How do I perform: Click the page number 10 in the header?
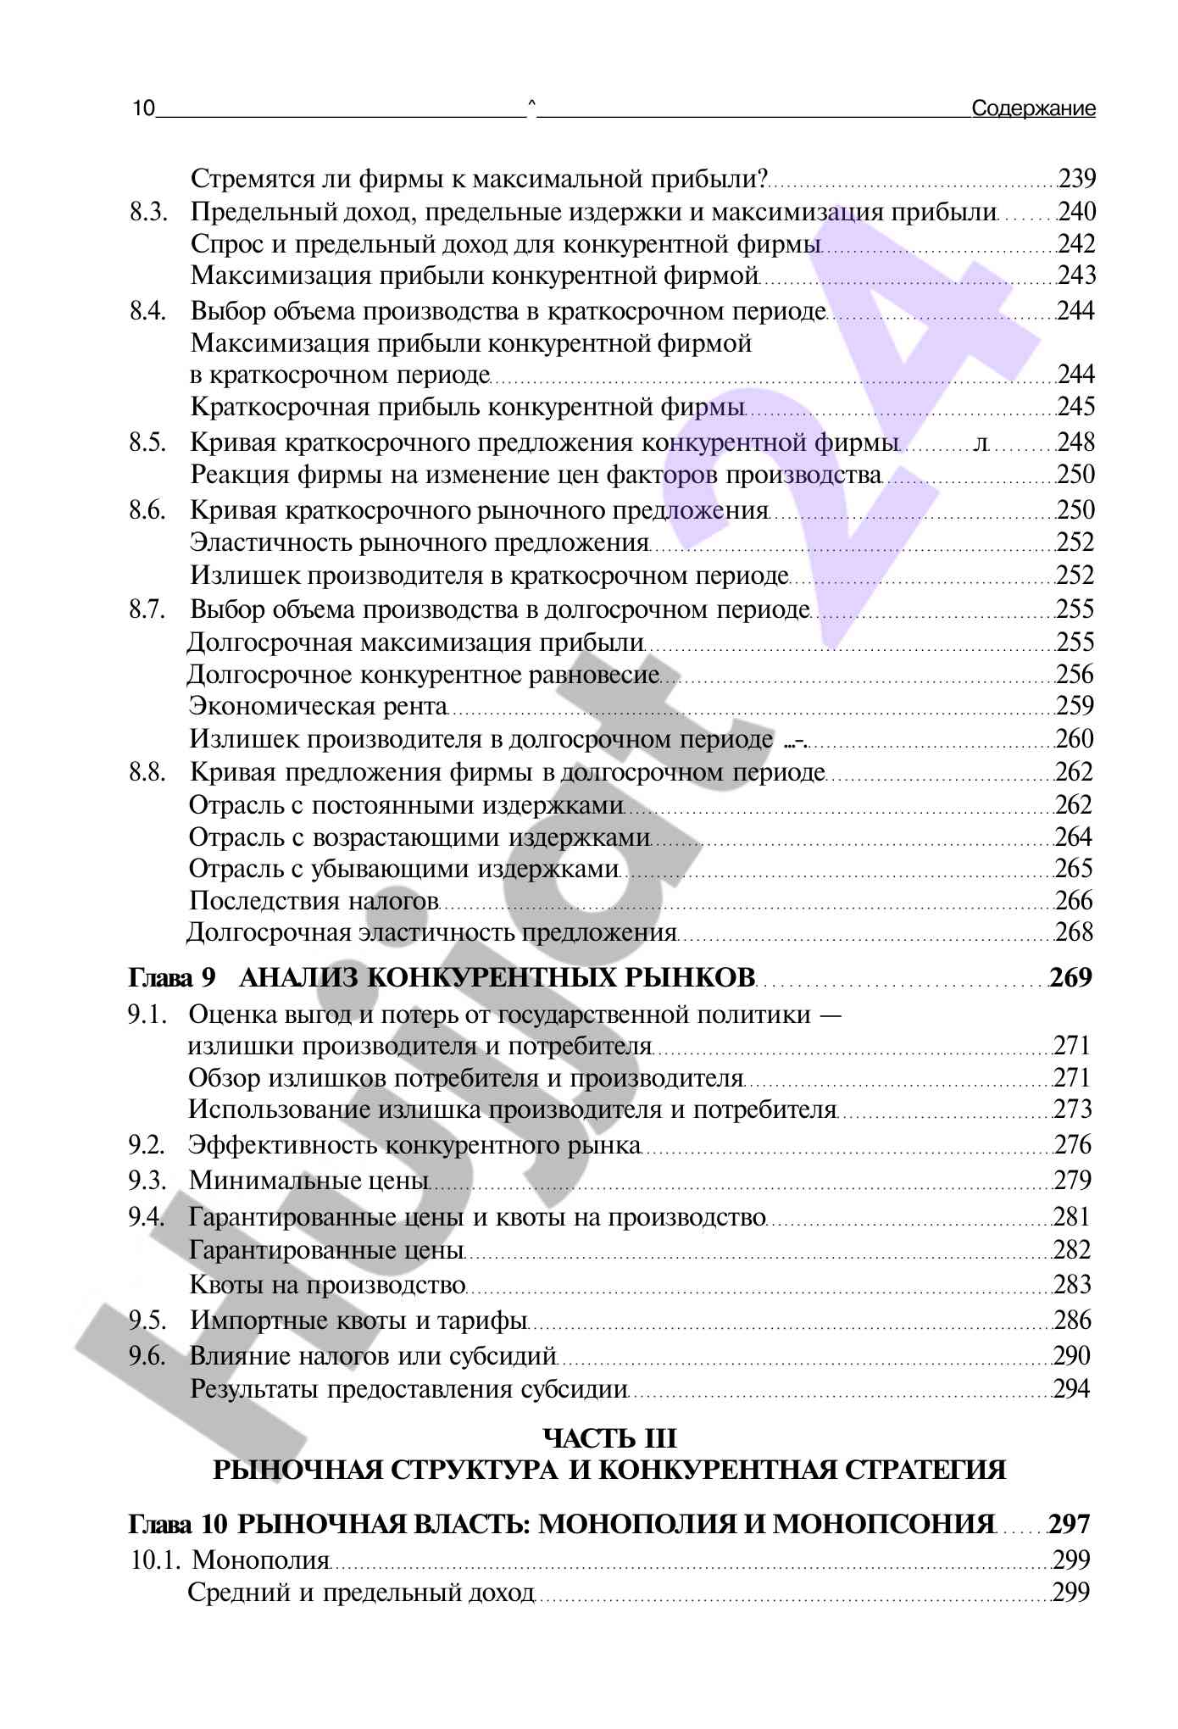click(x=144, y=108)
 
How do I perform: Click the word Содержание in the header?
click(x=1033, y=108)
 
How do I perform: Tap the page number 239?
click(x=1077, y=179)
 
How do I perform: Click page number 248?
click(x=1076, y=442)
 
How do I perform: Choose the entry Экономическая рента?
click(x=318, y=706)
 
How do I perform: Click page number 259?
click(x=1075, y=706)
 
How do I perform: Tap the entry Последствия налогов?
click(x=314, y=901)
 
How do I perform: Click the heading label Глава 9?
click(x=173, y=978)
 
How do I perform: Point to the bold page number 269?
click(x=1071, y=978)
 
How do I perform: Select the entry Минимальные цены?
click(x=308, y=1181)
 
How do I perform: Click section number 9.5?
click(x=147, y=1320)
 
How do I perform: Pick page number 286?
click(x=1072, y=1320)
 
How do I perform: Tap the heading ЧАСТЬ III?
click(x=609, y=1438)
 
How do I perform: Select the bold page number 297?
click(x=1070, y=1525)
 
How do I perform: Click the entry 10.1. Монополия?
click(x=230, y=1560)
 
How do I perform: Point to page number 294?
click(x=1071, y=1389)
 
